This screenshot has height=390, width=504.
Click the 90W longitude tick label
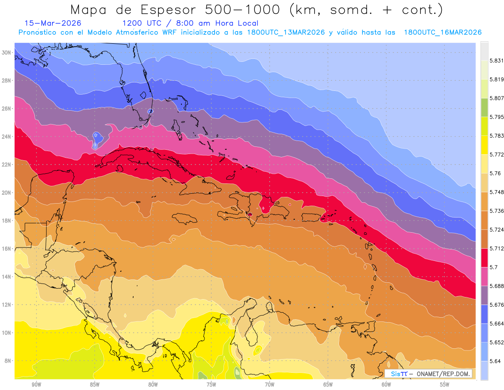point(36,385)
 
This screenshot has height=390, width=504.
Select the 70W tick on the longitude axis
point(270,385)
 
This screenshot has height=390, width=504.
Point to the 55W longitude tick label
point(444,385)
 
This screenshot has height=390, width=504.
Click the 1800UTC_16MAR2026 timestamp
point(443,32)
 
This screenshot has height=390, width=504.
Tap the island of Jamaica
point(185,218)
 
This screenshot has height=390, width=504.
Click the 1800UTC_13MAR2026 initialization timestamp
point(286,32)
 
